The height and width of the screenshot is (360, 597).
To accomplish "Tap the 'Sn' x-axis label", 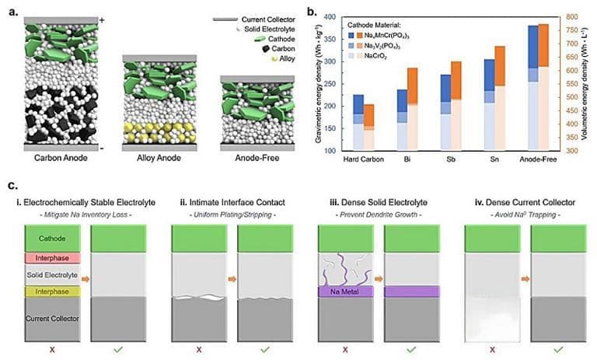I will (489, 160).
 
